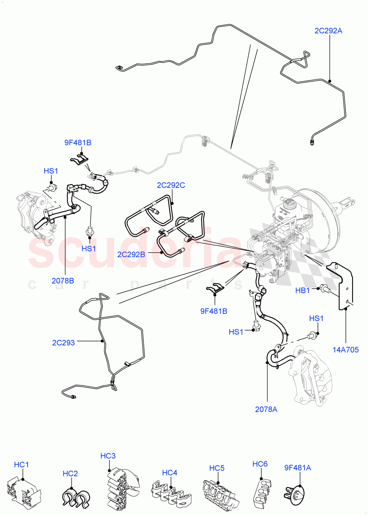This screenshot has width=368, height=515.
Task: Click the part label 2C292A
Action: [328, 30]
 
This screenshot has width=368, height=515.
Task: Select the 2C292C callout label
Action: [171, 186]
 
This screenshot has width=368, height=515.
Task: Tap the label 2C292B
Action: [131, 254]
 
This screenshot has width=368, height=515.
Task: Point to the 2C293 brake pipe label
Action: [63, 342]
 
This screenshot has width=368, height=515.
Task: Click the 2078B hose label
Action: [63, 281]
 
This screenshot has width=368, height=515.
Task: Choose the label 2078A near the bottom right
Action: [266, 409]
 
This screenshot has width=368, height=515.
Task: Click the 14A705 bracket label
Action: [345, 349]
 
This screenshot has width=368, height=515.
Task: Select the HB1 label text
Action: [302, 291]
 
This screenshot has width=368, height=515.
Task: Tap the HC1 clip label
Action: [21, 464]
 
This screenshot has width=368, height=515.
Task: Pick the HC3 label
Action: [108, 456]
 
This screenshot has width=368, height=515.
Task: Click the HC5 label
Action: [217, 467]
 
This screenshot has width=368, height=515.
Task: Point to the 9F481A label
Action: [297, 468]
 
